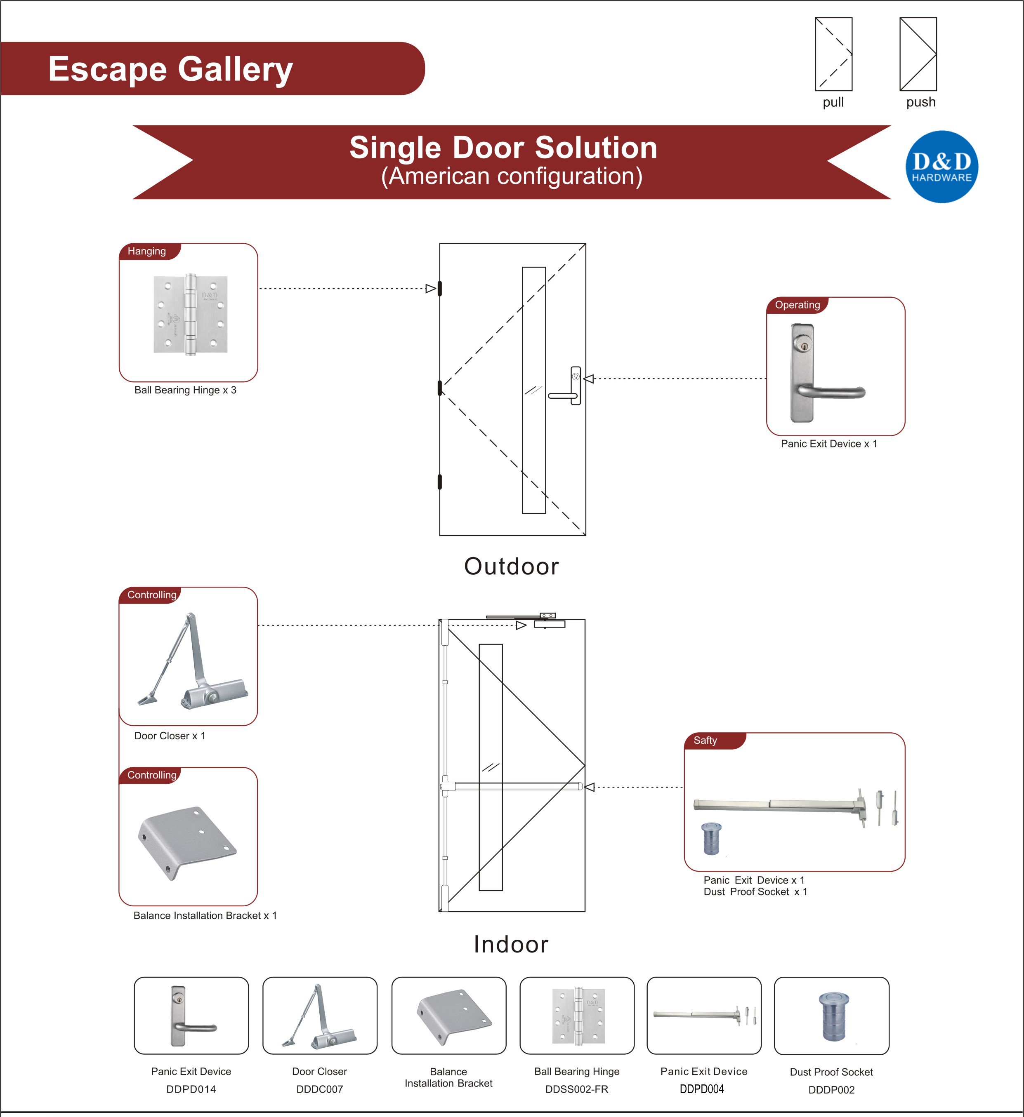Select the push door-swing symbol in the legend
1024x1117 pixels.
pos(918,54)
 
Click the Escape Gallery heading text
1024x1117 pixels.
pos(170,69)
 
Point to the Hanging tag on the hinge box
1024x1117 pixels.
pos(146,251)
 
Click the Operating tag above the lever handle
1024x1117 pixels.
pos(797,305)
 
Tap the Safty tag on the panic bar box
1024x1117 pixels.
pos(705,740)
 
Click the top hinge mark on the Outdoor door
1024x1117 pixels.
pos(440,288)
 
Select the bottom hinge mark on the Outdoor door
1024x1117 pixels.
pos(440,482)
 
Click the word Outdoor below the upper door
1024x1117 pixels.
pos(511,566)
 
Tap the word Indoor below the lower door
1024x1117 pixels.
pos(511,944)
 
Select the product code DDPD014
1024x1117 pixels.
pos(191,1089)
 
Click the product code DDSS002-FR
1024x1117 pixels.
pos(577,1089)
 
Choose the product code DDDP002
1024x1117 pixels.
pos(831,1089)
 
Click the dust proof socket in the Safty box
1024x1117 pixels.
pos(711,838)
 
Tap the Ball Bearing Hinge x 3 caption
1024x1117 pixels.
pos(185,390)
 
